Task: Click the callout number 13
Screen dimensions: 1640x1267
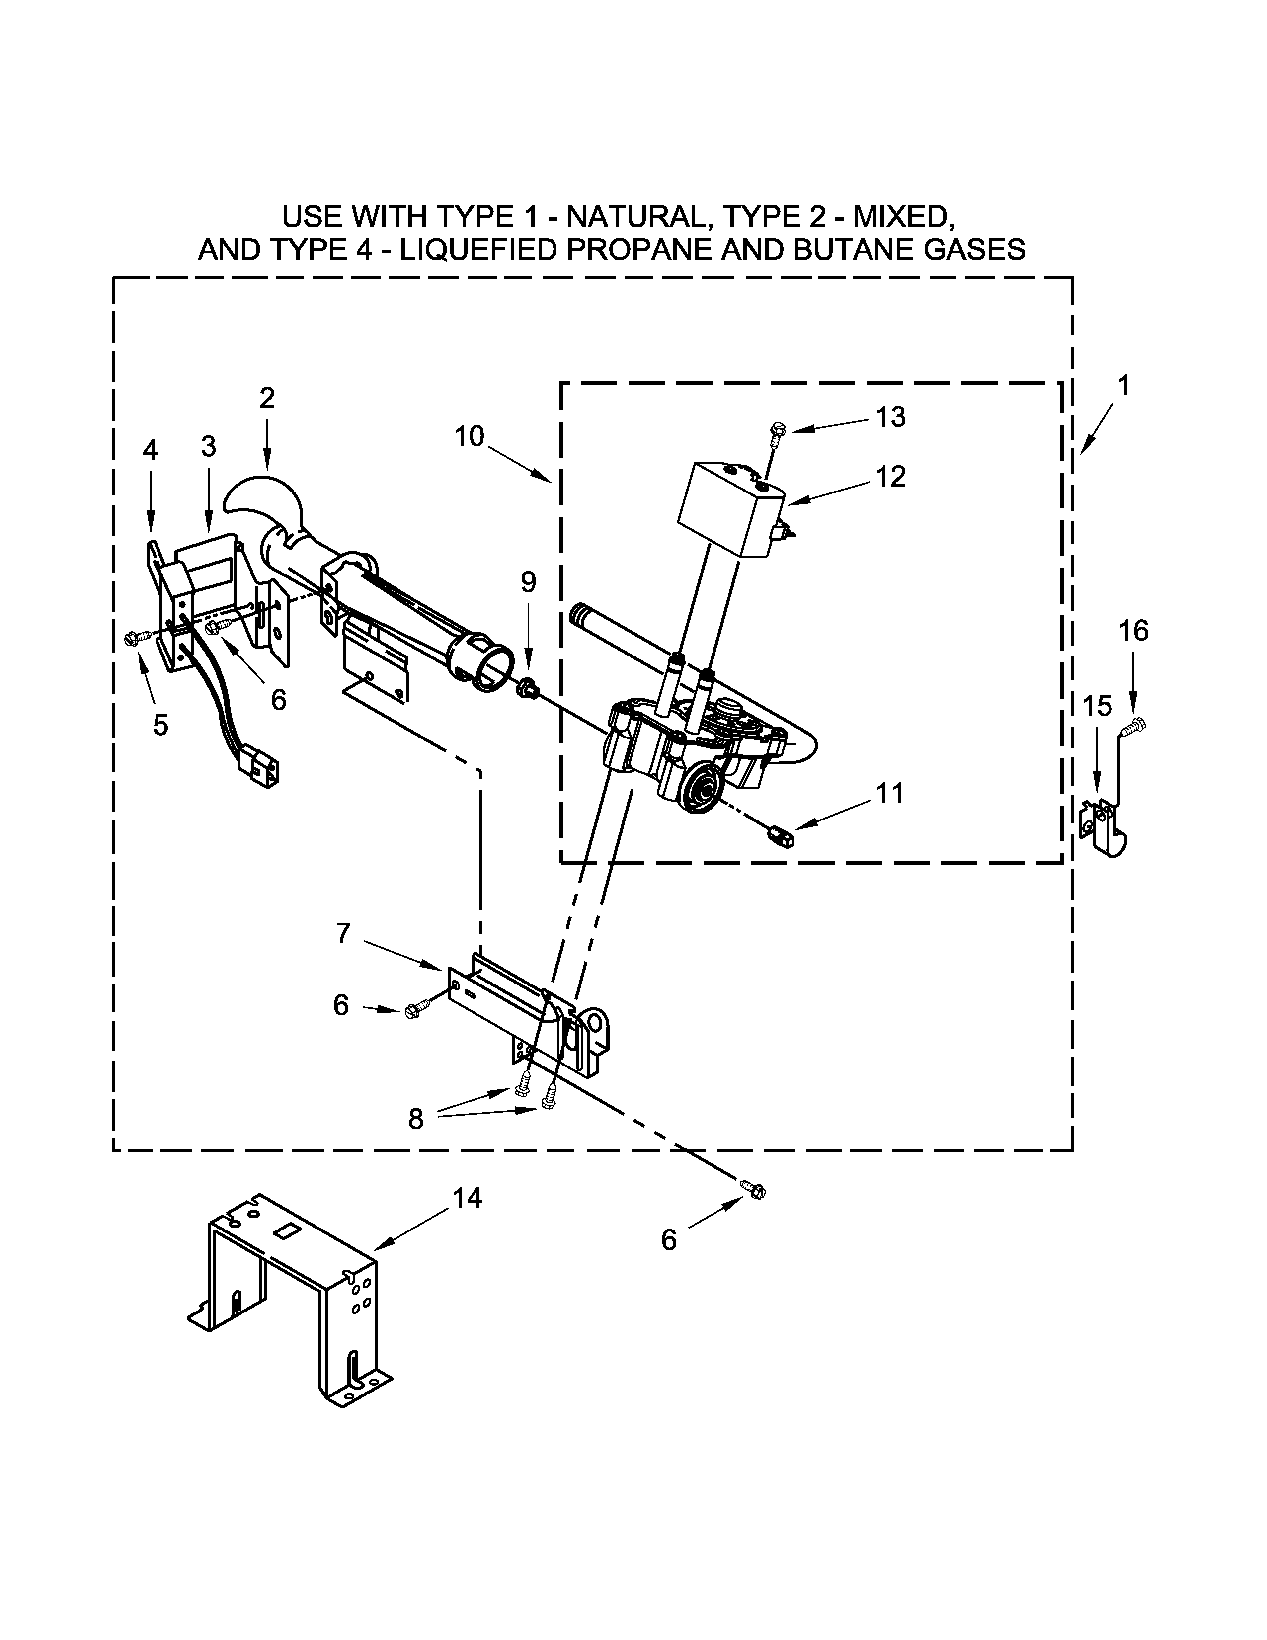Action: [891, 417]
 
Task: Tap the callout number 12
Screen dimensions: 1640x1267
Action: [891, 477]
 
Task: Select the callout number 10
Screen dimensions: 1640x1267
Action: [470, 436]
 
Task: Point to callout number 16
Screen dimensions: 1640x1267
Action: [1133, 631]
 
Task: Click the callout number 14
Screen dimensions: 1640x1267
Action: [467, 1198]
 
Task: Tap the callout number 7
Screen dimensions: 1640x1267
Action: [343, 933]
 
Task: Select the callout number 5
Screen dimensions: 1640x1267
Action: [160, 725]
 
